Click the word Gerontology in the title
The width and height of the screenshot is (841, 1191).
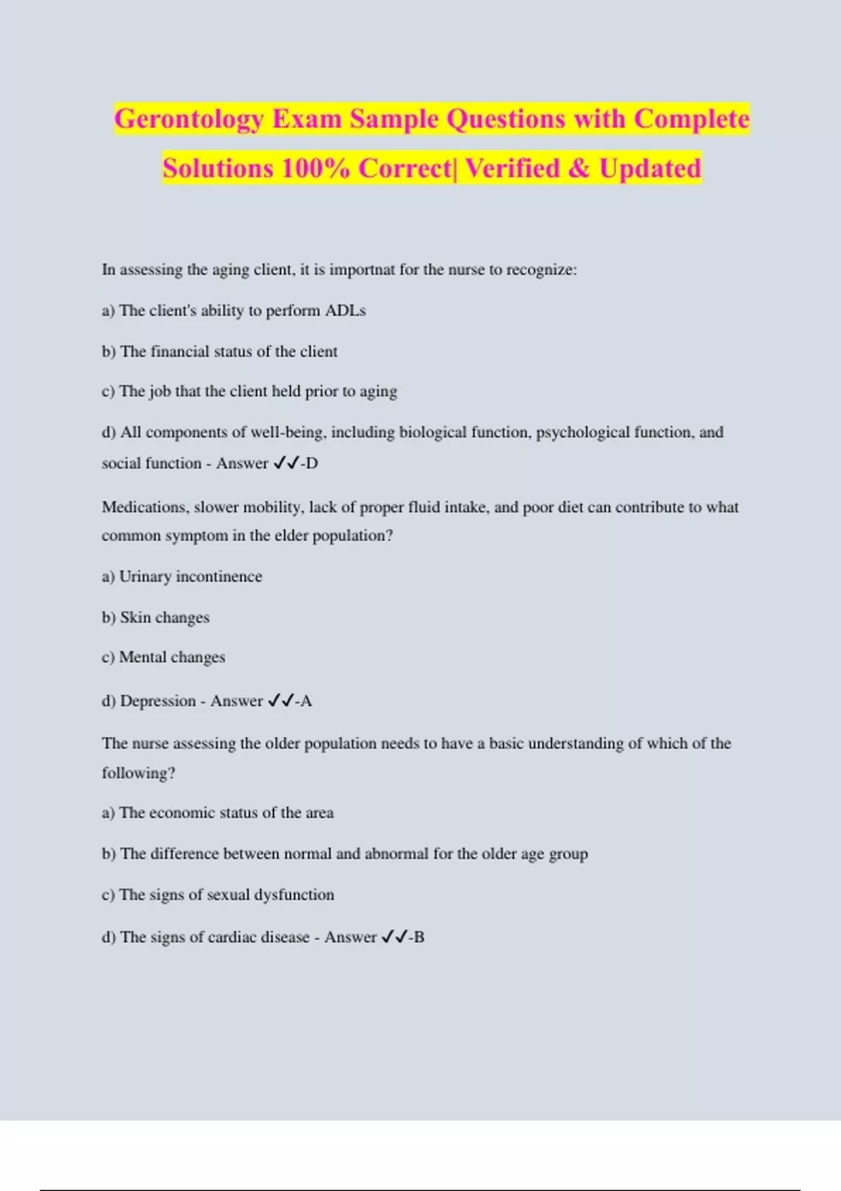[x=189, y=119]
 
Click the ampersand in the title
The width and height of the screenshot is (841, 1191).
[x=580, y=168]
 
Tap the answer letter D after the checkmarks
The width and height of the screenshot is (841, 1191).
[x=312, y=463]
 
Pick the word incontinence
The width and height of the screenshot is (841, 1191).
[x=219, y=577]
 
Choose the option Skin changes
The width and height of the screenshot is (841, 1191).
[x=165, y=617]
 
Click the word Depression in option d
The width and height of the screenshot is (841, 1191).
[x=158, y=701]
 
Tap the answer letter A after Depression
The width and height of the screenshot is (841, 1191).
[x=306, y=701]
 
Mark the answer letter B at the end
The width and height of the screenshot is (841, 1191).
[x=419, y=937]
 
